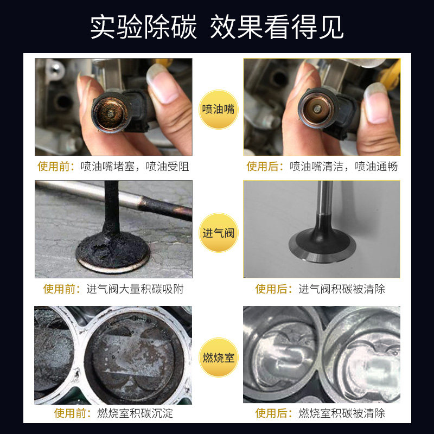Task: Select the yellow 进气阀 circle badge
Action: tap(218, 233)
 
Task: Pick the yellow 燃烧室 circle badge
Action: tap(218, 357)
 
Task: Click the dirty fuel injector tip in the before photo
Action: tap(110, 112)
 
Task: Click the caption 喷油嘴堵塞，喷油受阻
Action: tap(135, 167)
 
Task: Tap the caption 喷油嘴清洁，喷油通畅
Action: tap(343, 167)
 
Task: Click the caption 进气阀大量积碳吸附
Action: tap(136, 289)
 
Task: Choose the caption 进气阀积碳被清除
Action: tap(342, 289)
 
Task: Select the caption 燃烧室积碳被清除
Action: tap(342, 413)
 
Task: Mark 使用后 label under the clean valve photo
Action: tap(274, 289)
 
